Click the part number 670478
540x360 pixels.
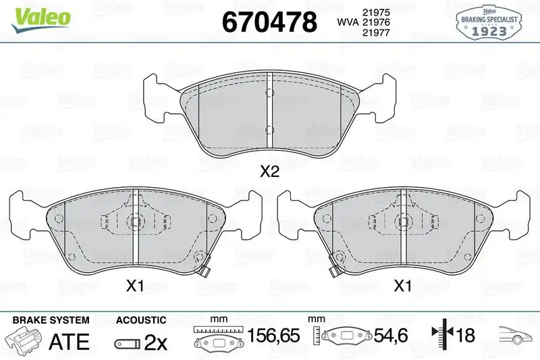pyautogui.click(x=269, y=23)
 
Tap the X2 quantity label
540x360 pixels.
pyautogui.click(x=269, y=172)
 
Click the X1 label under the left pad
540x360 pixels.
pyautogui.click(x=136, y=286)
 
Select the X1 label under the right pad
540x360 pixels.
pyautogui.click(x=402, y=286)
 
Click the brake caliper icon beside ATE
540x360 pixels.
pyautogui.click(x=24, y=340)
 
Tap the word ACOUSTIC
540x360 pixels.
pyautogui.click(x=140, y=319)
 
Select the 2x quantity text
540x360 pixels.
pyautogui.click(x=156, y=342)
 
